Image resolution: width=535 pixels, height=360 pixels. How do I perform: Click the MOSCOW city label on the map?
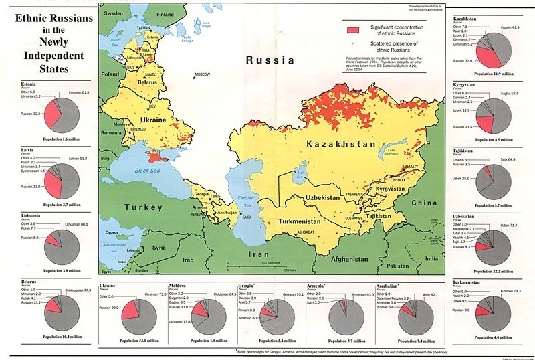coord(202,73)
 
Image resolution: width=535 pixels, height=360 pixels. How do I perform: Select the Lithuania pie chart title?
coord(25,215)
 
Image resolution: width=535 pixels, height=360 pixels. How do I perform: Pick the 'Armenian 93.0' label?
coord(359,295)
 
